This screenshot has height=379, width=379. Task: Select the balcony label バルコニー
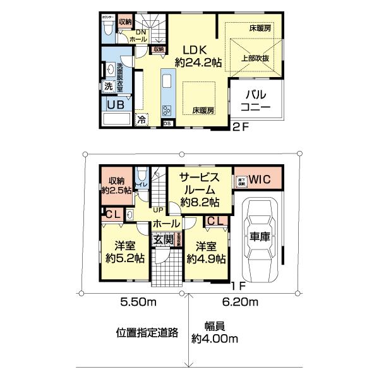pos(254,101)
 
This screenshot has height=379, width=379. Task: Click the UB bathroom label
pos(114,105)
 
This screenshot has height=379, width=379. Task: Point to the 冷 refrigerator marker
pos(142,119)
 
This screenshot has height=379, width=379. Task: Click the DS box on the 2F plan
pos(167,124)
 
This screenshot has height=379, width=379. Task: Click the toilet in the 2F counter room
pos(108,27)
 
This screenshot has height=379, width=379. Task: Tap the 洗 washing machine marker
pos(109,87)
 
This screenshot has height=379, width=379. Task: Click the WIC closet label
pos(259,179)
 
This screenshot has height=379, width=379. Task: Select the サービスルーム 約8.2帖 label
pos(199,189)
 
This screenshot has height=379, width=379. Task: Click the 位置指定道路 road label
pos(147,332)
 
